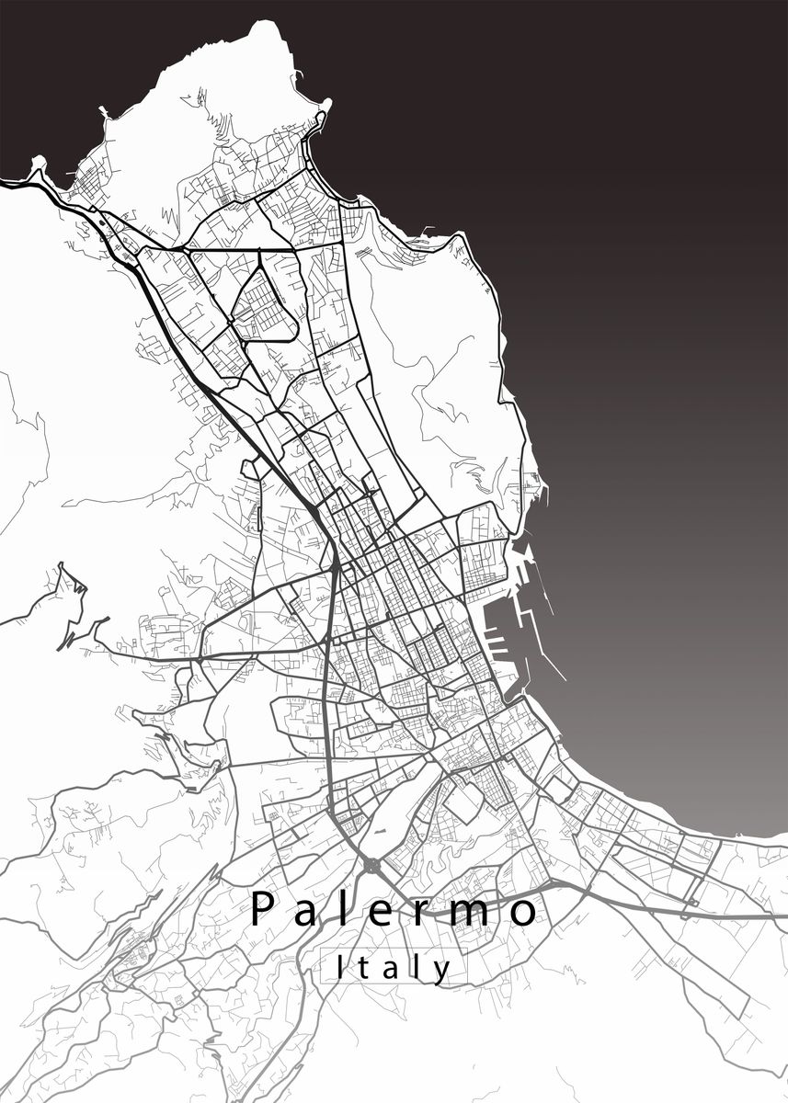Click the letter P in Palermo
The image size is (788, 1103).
pos(263,910)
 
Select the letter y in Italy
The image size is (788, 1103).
pos(443,971)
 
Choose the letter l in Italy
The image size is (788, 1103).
pos(418,966)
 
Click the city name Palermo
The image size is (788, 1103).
pos(394,911)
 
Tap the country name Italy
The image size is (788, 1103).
pos(394,968)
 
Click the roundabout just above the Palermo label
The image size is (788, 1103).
pos(371,866)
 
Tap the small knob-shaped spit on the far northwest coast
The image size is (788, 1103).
pos(38,165)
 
